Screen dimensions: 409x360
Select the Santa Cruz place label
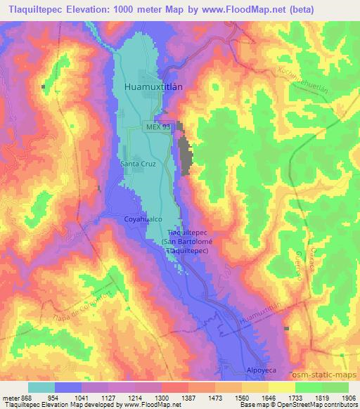137,164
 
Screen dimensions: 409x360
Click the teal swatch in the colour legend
41,387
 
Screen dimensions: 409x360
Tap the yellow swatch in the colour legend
282,387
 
